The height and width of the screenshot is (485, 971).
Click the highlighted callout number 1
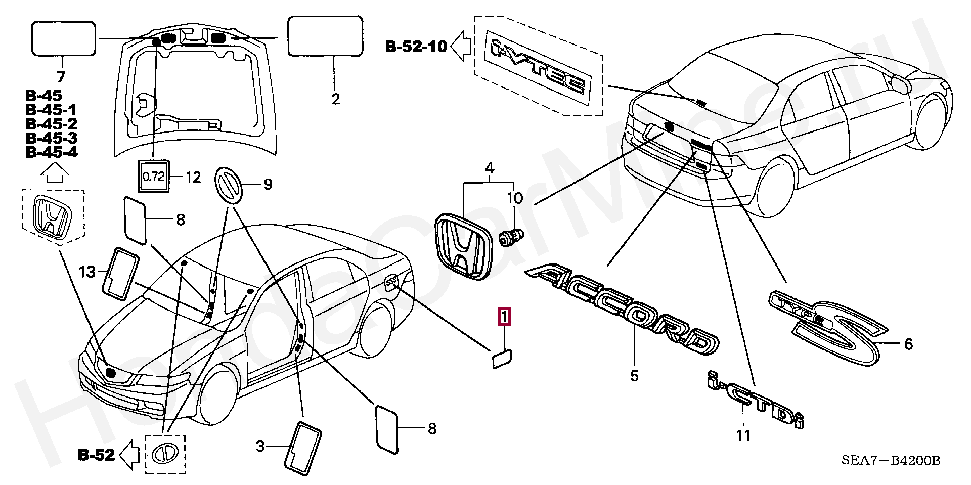point(504,317)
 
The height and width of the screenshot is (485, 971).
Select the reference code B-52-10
point(416,47)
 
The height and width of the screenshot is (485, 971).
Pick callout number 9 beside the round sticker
point(267,184)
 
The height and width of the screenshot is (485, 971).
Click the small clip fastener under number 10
point(511,237)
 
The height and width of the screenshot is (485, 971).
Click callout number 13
point(87,272)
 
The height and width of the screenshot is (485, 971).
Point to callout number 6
point(908,344)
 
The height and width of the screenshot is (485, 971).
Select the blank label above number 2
point(325,35)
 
